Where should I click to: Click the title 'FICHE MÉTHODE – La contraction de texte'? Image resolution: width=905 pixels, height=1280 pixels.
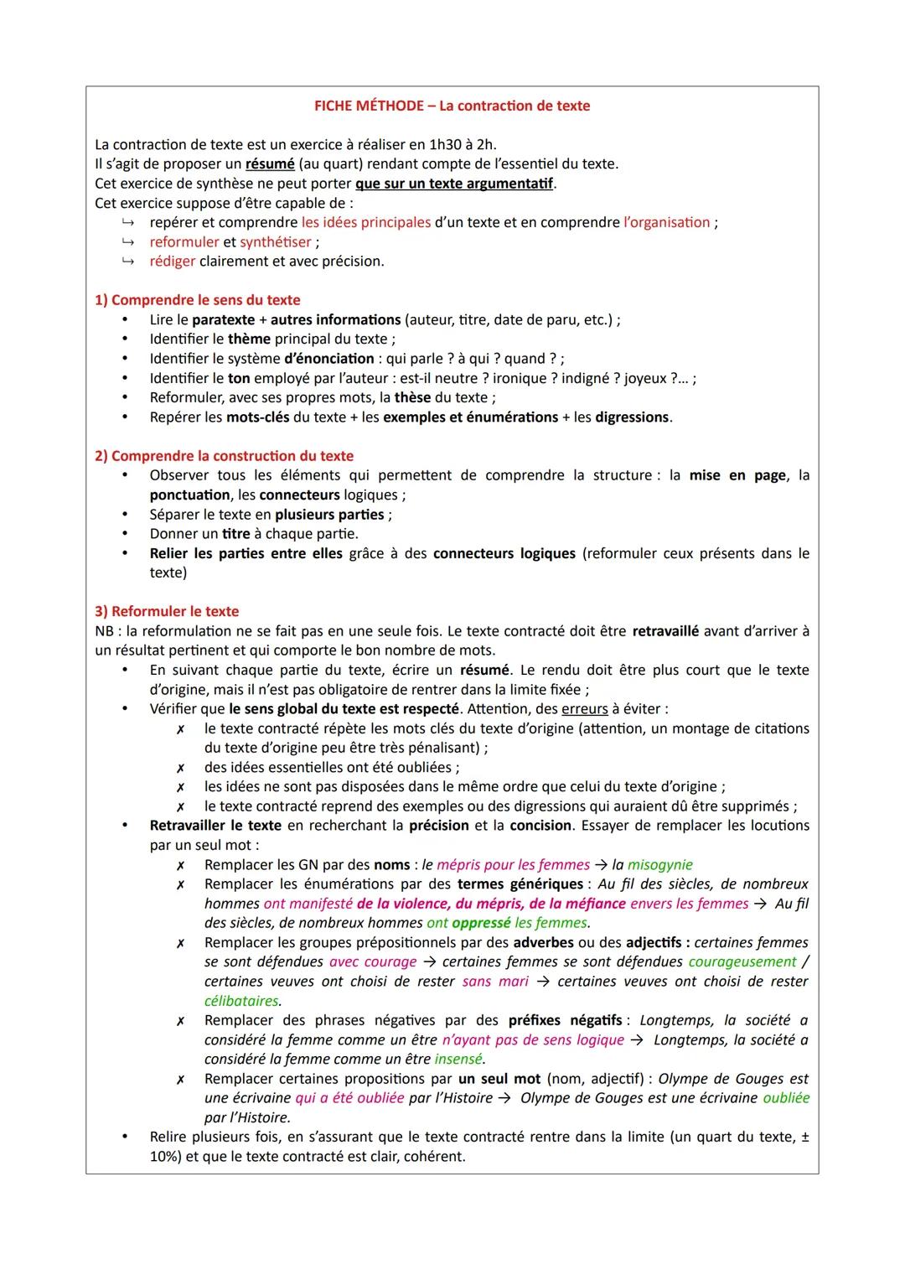tap(452, 106)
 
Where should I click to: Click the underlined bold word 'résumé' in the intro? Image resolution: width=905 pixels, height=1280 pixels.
tap(270, 163)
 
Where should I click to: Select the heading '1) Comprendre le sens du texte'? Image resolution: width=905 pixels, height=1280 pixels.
tap(197, 300)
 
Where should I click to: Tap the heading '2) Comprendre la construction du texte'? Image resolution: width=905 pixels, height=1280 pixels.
tap(224, 456)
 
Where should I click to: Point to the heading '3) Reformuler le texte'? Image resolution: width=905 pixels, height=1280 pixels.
tap(167, 611)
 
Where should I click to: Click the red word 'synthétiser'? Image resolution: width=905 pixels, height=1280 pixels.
tap(275, 242)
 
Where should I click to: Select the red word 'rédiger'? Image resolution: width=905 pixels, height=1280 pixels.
tap(173, 262)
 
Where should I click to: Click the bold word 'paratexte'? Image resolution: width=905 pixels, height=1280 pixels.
tap(223, 320)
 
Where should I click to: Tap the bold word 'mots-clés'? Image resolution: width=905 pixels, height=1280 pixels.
tap(257, 417)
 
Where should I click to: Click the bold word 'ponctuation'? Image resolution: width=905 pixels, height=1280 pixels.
tap(189, 495)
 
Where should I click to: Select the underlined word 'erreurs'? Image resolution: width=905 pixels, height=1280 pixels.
tap(584, 709)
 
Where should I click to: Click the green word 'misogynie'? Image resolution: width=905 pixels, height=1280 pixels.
tap(659, 865)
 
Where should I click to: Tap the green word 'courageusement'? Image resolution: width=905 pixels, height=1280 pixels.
tap(742, 962)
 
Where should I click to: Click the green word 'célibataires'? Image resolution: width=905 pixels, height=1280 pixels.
tap(241, 1001)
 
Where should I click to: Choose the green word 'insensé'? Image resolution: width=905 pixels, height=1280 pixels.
tap(458, 1060)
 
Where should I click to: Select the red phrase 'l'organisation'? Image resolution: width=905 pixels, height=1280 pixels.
tap(666, 223)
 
